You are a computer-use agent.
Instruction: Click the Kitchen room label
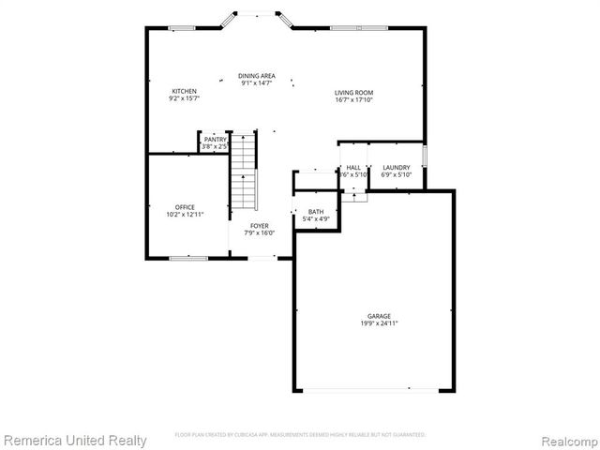tap(184, 91)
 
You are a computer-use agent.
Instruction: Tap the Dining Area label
tap(256, 76)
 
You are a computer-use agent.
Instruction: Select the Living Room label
tap(354, 92)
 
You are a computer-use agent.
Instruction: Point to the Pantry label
tap(216, 140)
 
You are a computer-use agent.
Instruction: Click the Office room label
tap(185, 207)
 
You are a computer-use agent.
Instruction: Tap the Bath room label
tap(316, 212)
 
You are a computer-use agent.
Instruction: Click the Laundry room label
tap(396, 168)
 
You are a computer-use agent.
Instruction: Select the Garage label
tap(379, 316)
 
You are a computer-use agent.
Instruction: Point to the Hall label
tap(353, 168)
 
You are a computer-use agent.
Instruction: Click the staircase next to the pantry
tap(244, 170)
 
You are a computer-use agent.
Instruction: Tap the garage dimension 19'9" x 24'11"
tap(379, 323)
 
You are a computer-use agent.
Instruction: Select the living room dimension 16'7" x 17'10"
tap(354, 99)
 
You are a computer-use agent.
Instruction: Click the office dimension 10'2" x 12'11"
tap(185, 215)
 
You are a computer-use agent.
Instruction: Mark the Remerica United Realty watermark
tap(75, 440)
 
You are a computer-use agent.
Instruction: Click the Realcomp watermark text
tap(566, 440)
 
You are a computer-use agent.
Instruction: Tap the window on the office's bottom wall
tap(187, 258)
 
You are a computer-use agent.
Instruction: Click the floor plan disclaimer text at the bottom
tap(300, 435)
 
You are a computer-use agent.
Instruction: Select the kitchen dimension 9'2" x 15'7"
tap(184, 98)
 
